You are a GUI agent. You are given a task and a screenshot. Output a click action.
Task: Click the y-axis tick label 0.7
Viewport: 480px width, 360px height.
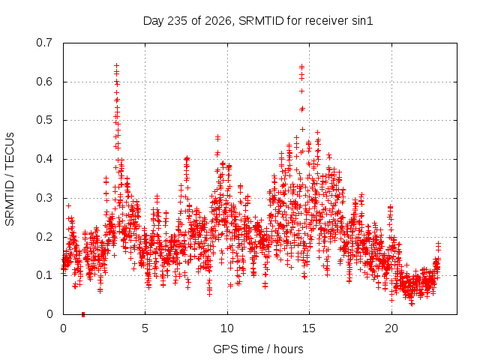click(x=44, y=43)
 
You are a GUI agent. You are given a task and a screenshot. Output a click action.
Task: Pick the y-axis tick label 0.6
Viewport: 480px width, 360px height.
click(x=44, y=82)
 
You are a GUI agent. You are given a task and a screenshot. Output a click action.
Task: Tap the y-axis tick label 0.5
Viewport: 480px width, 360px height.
click(x=44, y=120)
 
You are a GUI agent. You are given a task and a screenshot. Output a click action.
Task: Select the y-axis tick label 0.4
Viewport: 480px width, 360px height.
click(x=44, y=159)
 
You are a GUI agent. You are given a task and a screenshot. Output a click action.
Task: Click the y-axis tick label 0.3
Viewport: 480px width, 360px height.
click(x=44, y=198)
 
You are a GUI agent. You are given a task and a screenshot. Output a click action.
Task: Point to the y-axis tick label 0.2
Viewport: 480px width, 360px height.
click(x=44, y=237)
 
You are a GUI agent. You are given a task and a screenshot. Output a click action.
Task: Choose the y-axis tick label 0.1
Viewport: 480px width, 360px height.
click(x=44, y=275)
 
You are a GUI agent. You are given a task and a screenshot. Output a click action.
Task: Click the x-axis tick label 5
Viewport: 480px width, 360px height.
click(x=145, y=328)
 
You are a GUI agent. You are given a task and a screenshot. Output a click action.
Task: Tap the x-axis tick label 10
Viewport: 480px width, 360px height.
click(x=227, y=328)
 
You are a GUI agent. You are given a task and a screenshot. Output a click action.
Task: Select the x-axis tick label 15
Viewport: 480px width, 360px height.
click(x=309, y=328)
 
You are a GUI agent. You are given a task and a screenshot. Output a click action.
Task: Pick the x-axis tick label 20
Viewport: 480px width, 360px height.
click(x=391, y=328)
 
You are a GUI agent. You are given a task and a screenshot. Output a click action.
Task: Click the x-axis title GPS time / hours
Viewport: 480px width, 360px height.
click(x=258, y=349)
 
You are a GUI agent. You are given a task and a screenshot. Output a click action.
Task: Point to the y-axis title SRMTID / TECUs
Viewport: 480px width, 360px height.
click(x=10, y=179)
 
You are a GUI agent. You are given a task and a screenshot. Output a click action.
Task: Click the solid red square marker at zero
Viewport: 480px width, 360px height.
click(x=83, y=314)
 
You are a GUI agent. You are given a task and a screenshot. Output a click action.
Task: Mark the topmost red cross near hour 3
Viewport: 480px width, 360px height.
click(x=117, y=65)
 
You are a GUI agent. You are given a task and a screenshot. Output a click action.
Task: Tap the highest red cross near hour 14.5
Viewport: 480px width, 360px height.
click(x=301, y=66)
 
